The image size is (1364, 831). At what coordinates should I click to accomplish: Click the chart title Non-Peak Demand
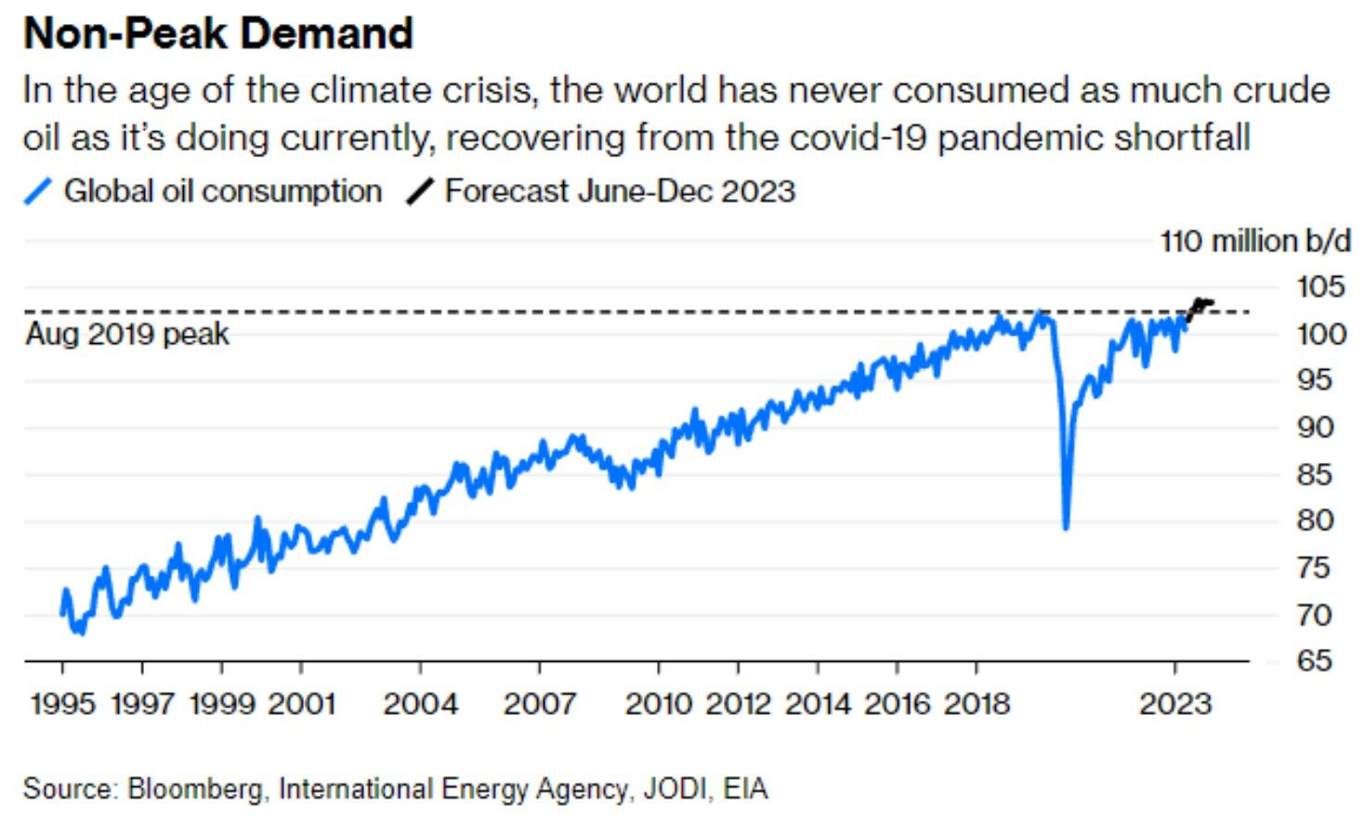217,33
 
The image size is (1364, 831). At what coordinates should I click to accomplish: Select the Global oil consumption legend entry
222,191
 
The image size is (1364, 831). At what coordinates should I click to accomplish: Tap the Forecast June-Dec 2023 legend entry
620,191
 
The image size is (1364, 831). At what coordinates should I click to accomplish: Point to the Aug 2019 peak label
127,335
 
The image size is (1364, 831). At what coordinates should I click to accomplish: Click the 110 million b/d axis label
1254,242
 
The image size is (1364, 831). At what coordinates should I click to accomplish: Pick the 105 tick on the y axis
1320,287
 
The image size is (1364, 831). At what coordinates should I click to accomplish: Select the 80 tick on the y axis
1320,521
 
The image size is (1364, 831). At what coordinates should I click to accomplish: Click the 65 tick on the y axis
1320,661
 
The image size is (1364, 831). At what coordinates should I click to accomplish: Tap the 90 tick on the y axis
1320,428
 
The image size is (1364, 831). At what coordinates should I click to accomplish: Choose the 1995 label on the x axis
63,704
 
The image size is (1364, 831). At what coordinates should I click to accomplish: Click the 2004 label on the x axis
420,704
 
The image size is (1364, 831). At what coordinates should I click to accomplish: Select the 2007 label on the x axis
540,704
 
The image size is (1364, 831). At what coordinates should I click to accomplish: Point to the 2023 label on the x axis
1175,704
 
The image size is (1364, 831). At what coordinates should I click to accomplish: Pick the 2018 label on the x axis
977,704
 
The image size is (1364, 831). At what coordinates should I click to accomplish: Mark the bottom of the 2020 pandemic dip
1066,526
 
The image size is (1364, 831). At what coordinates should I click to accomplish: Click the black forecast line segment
1200,304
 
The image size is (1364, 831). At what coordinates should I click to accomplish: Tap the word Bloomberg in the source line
195,789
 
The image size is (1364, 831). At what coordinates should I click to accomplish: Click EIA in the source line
745,789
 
